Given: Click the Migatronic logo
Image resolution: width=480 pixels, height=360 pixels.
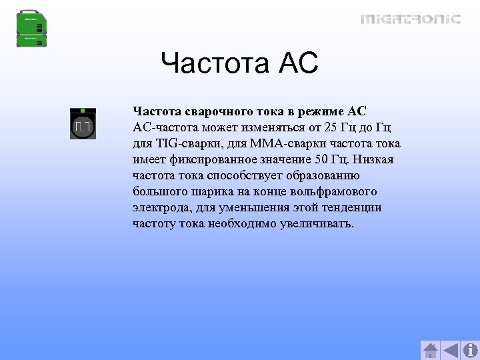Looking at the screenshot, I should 411,19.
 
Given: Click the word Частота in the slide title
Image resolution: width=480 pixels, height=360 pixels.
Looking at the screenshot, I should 213,65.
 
